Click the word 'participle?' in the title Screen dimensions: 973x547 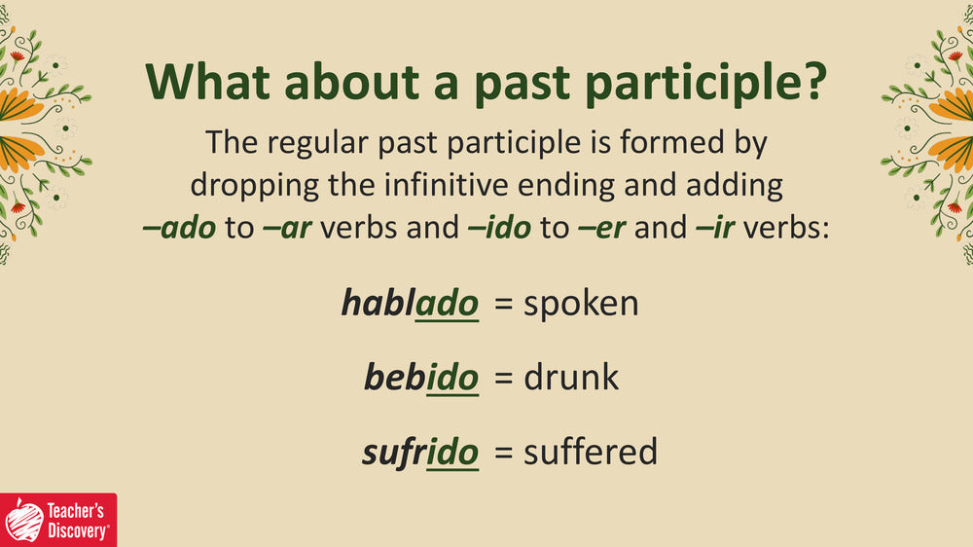706,83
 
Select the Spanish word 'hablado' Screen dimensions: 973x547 411,304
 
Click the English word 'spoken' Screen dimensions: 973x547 581,305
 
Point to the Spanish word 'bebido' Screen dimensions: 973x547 421,378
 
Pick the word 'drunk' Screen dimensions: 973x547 571,377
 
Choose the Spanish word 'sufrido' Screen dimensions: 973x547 420,452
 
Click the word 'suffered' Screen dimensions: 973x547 591,451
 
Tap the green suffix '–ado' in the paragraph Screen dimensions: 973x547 179,227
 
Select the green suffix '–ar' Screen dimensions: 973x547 287,229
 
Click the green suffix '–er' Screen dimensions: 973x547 601,229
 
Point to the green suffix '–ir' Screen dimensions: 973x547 715,228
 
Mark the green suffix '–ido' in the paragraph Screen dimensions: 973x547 499,227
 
